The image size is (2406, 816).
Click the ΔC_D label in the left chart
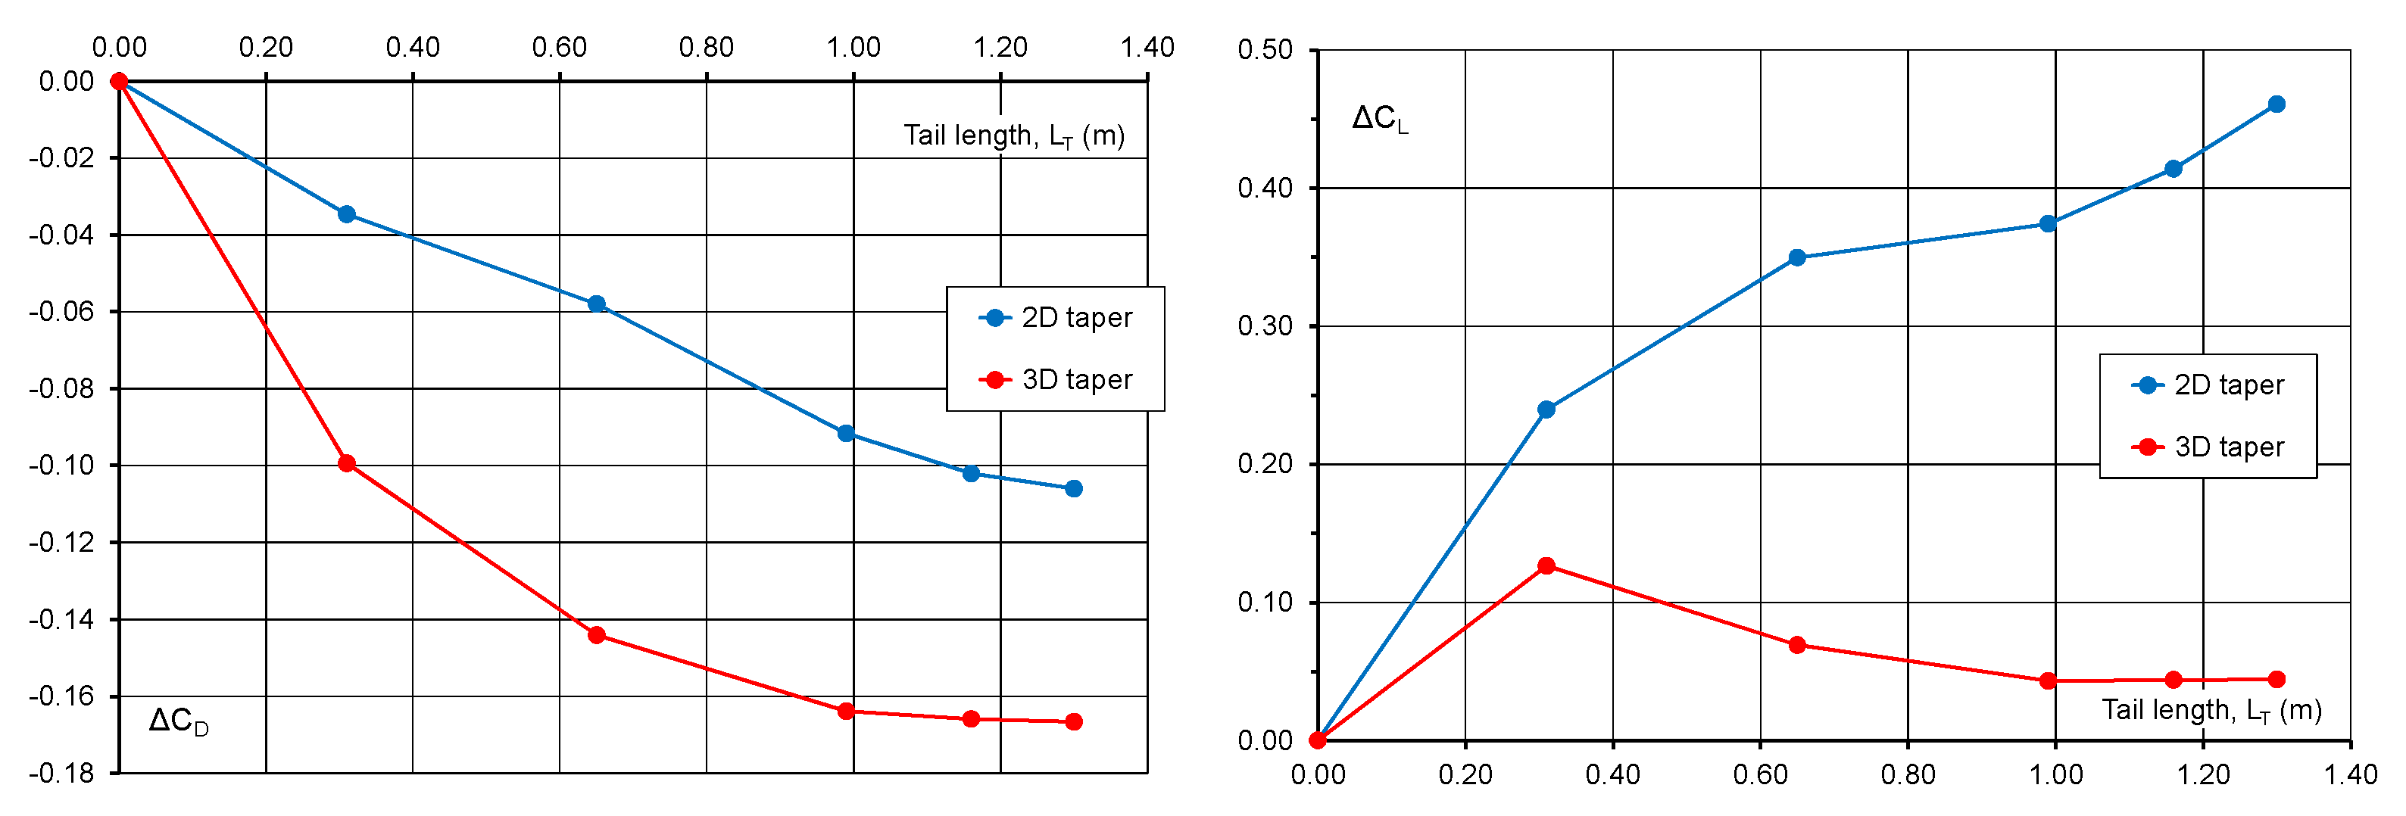pos(179,721)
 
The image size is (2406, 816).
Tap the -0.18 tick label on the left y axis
pos(61,773)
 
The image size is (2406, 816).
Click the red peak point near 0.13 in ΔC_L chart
pos(1546,565)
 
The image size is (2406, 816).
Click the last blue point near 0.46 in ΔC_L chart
pos(2276,104)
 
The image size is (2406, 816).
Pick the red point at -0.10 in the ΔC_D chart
pos(347,463)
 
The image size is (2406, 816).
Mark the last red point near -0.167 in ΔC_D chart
pos(1073,721)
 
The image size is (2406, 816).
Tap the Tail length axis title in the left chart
pos(1013,136)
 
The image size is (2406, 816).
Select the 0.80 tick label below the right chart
pos(1907,774)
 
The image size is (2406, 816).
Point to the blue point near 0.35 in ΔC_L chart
pos(1797,257)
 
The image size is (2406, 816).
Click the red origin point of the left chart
pos(120,81)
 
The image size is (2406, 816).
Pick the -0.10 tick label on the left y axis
pos(61,465)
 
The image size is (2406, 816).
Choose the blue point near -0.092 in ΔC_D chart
pos(845,433)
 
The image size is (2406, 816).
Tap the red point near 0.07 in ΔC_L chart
pos(1797,645)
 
